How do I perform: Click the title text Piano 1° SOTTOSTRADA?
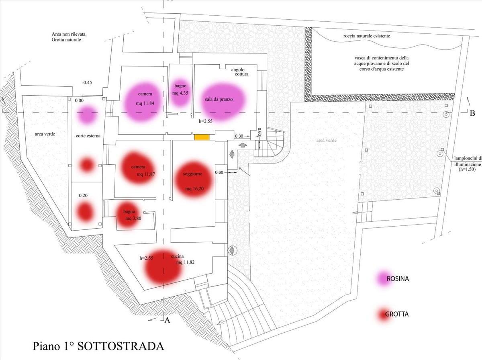[98, 346]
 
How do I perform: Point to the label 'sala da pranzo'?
[219, 100]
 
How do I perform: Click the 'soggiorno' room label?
[192, 174]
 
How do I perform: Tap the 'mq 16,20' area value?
[194, 188]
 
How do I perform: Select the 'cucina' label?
[178, 256]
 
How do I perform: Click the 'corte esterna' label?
[88, 136]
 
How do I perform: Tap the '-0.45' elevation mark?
[87, 83]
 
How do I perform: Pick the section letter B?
[472, 113]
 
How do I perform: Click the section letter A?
[167, 320]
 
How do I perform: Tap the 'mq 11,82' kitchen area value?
[186, 262]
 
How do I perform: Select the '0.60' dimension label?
[219, 172]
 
